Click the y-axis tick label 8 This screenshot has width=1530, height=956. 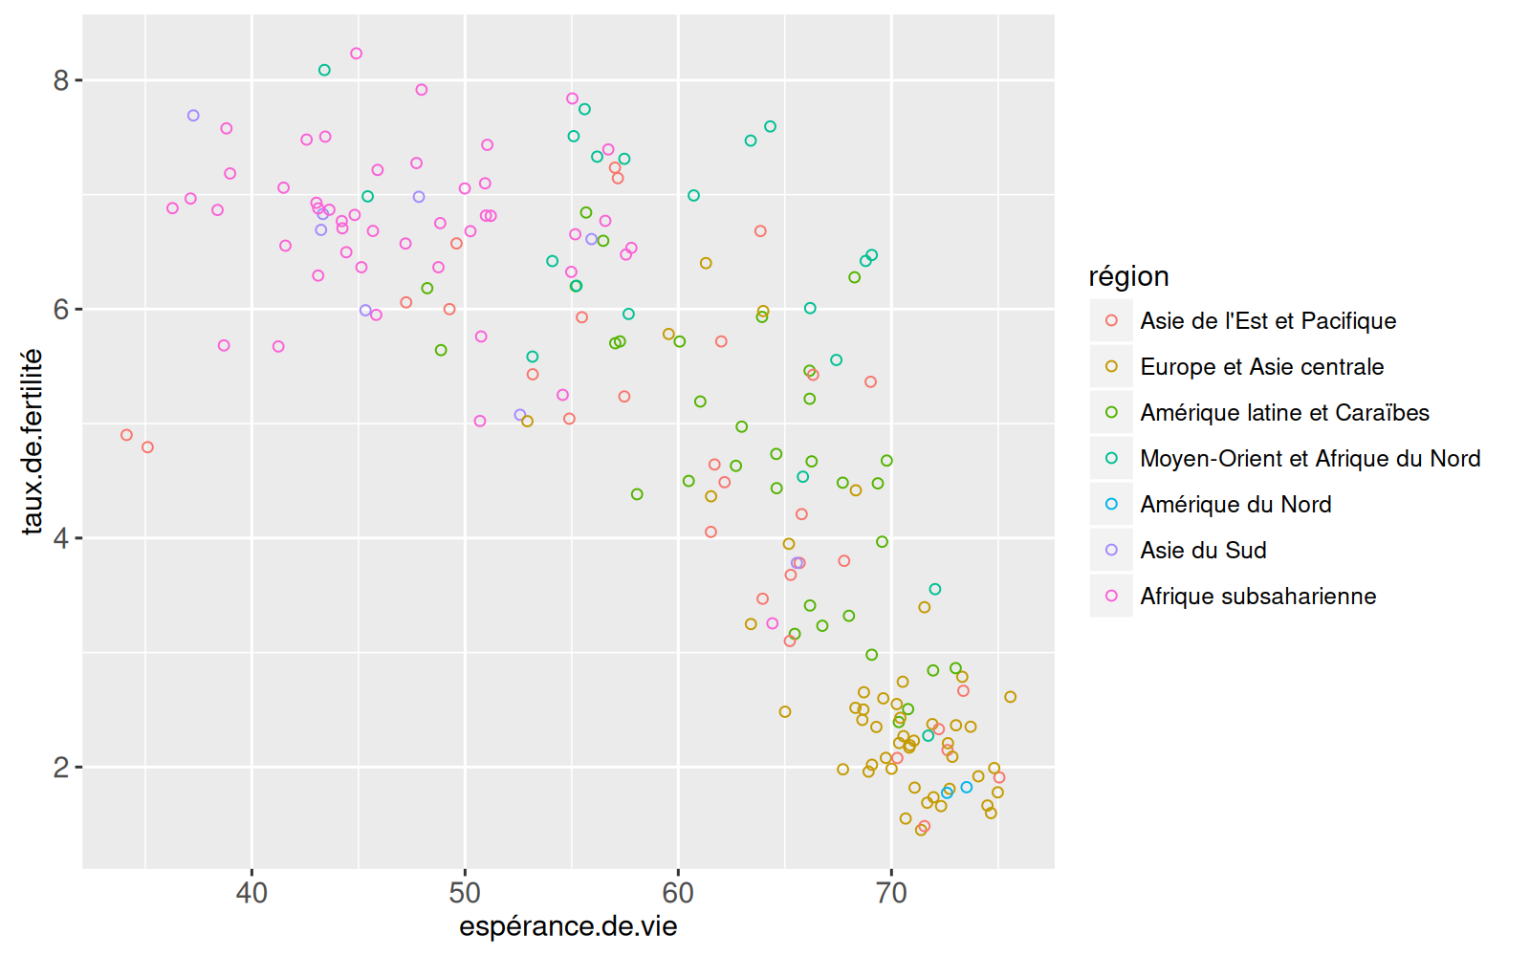(61, 80)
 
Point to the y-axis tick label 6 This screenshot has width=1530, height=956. (61, 310)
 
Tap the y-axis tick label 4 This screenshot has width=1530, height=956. (61, 538)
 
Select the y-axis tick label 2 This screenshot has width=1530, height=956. (61, 768)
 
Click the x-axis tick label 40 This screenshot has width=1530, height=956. (251, 893)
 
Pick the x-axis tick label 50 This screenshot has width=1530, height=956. (465, 893)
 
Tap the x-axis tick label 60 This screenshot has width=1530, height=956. (678, 893)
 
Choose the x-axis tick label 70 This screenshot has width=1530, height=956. (891, 893)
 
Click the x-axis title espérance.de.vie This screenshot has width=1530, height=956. (568, 926)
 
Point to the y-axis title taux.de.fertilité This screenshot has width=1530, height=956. (33, 441)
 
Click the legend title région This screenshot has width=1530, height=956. (1128, 276)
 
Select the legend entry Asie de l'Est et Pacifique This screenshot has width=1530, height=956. (1268, 321)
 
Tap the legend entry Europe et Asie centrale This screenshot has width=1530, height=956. (1261, 367)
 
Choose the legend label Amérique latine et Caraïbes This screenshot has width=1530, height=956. (1284, 413)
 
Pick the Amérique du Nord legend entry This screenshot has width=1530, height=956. (1235, 505)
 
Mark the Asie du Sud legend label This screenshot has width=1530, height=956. (1203, 551)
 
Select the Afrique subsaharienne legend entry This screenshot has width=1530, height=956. (1257, 597)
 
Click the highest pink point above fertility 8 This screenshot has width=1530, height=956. (357, 54)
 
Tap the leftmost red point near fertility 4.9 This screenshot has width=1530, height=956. (126, 435)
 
